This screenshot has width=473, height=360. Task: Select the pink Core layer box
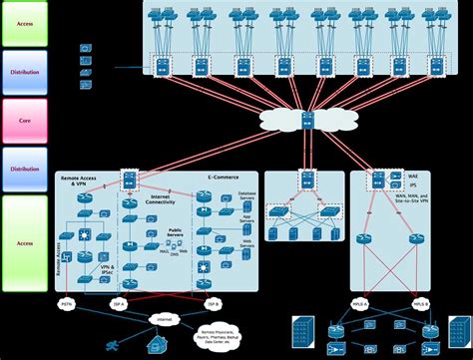tap(25, 121)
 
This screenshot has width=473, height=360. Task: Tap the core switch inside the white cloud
tap(307, 121)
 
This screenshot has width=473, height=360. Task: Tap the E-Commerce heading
tap(223, 180)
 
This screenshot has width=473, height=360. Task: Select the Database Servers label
tap(248, 195)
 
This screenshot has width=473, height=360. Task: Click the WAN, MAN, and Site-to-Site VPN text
tap(410, 199)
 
